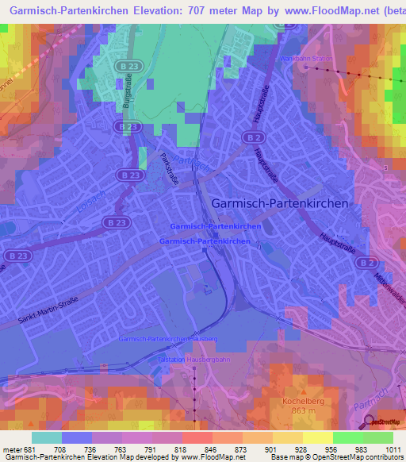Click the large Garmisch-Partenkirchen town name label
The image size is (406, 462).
pos(279,203)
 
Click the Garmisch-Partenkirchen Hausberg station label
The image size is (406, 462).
pos(167,339)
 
